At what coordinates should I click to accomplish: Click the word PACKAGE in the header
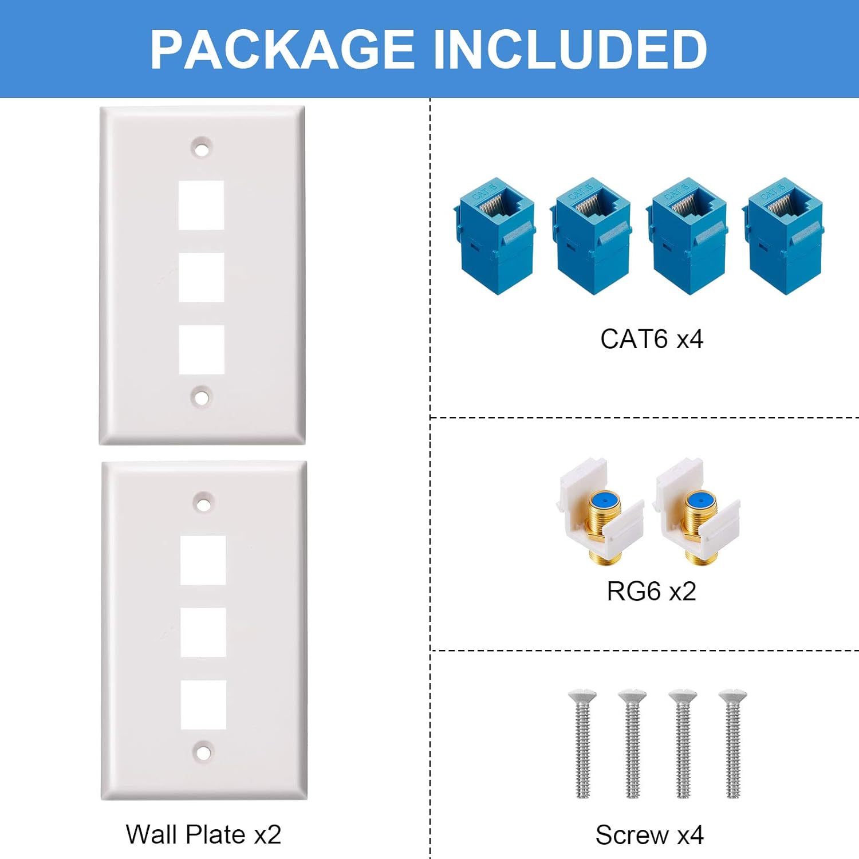[282, 49]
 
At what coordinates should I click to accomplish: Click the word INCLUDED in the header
[569, 49]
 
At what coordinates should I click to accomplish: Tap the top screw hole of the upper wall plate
[201, 149]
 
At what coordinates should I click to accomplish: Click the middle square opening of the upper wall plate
[201, 277]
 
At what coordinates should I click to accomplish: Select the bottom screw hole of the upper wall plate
[200, 397]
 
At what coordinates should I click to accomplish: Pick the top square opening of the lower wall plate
[203, 560]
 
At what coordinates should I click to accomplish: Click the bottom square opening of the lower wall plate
[203, 704]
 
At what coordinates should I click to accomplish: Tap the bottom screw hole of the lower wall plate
[203, 752]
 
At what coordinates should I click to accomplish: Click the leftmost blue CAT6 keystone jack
[495, 236]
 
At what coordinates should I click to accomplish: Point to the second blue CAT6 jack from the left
[592, 236]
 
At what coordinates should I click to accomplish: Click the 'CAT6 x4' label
[651, 339]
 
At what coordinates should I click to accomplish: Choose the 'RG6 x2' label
[651, 592]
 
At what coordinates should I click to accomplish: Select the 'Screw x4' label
[649, 835]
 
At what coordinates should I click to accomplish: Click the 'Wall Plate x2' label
[203, 834]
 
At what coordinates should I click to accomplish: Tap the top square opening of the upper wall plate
[201, 205]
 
